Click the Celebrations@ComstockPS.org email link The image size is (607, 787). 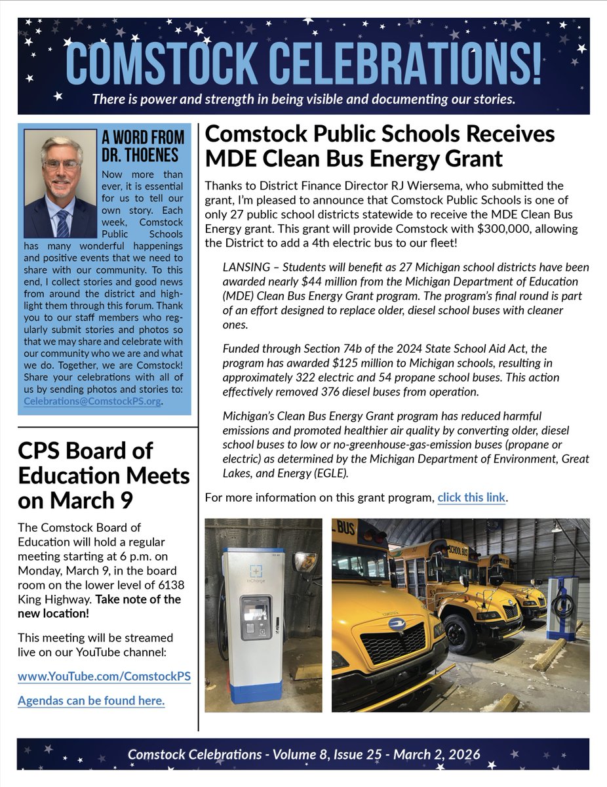click(x=92, y=402)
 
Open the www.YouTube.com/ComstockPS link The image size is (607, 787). click(x=104, y=677)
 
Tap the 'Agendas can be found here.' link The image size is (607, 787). click(x=91, y=700)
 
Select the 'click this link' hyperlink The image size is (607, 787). click(x=471, y=497)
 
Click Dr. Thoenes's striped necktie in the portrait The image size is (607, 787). click(x=62, y=224)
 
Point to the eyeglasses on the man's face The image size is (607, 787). click(x=62, y=165)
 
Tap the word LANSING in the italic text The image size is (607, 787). click(x=246, y=268)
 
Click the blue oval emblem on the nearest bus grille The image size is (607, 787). click(x=395, y=624)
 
